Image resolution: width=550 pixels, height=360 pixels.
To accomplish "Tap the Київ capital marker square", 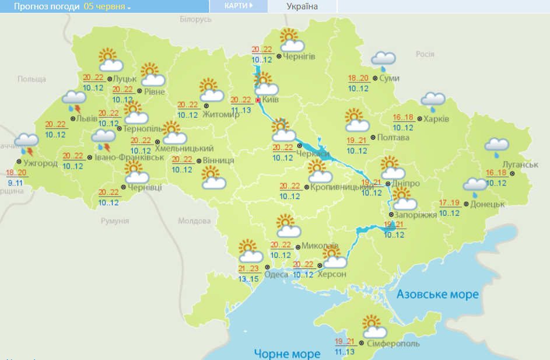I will [258, 100].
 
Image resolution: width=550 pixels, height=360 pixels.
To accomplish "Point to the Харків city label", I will [436, 119].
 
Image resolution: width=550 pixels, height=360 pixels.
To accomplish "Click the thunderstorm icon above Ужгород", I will [26, 143].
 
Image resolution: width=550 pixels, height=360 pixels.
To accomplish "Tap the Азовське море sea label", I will [437, 294].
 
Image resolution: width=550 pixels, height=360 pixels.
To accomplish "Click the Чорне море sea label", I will [287, 354].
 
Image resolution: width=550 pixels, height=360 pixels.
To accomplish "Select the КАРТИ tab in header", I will [239, 6].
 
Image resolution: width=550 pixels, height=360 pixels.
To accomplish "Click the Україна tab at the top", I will [302, 6].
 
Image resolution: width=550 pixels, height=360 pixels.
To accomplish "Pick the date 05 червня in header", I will [107, 6].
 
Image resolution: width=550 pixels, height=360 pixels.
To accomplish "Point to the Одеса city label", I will [276, 274].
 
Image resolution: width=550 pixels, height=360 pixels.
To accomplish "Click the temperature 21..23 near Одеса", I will [249, 269].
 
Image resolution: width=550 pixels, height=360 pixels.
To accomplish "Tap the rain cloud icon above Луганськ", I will [496, 147].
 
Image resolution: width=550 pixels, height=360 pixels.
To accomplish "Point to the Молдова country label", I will [194, 221].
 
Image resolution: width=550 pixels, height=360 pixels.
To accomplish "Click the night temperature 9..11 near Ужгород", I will [16, 183].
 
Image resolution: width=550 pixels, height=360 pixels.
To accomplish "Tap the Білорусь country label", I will [195, 20].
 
